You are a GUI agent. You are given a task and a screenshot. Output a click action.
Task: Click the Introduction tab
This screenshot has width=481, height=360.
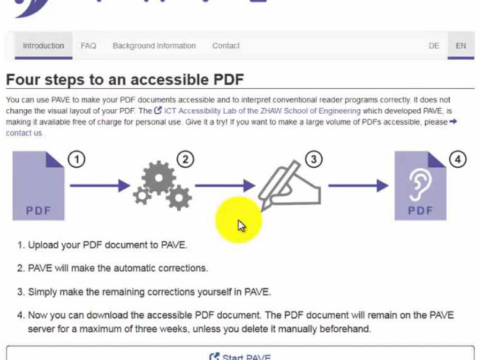[44, 46]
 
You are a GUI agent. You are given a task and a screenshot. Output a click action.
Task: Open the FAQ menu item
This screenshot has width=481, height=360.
[89, 46]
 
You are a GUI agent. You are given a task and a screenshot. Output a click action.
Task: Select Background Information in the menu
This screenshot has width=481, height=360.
[154, 46]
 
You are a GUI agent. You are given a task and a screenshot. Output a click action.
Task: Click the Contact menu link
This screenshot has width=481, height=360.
[226, 46]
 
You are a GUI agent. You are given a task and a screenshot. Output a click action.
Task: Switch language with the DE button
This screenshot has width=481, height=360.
[434, 46]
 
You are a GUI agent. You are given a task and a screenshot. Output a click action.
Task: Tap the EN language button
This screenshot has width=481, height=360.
[461, 46]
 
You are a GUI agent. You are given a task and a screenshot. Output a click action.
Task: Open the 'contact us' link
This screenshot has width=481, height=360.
[24, 133]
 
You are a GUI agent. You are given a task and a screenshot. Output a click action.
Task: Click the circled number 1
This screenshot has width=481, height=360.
[76, 160]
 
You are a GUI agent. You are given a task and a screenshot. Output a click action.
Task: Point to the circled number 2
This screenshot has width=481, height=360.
[185, 160]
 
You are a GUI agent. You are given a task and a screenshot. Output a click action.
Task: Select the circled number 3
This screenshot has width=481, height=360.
[313, 159]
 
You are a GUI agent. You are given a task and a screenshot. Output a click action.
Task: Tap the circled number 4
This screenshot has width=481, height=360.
[458, 160]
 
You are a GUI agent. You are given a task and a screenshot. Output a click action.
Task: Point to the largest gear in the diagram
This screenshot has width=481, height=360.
[159, 178]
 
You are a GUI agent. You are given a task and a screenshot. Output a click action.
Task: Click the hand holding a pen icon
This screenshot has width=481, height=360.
[290, 186]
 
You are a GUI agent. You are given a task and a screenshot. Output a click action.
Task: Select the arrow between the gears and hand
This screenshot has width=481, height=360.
[225, 185]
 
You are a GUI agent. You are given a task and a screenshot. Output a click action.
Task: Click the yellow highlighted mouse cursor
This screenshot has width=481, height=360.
[242, 226]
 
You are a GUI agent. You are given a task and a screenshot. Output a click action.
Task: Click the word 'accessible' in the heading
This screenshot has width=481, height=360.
[170, 80]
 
